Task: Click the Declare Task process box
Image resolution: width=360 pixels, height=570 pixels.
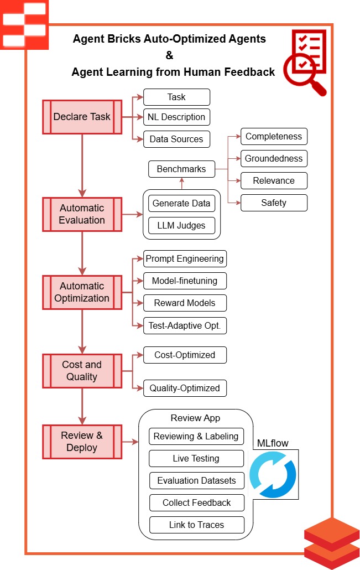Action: [x=82, y=117]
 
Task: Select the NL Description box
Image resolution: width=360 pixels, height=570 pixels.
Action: [x=176, y=117]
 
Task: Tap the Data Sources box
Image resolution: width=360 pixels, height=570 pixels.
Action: [x=176, y=139]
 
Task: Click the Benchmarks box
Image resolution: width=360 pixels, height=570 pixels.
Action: [x=181, y=169]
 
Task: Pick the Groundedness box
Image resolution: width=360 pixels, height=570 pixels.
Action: [x=274, y=158]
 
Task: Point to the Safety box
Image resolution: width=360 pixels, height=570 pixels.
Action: [x=274, y=203]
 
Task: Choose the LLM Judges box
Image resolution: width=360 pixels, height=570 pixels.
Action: [x=182, y=225]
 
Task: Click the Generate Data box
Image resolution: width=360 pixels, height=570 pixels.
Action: [x=182, y=203]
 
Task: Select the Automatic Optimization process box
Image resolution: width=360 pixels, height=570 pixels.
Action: [x=82, y=292]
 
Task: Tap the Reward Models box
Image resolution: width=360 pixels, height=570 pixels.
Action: [x=185, y=303]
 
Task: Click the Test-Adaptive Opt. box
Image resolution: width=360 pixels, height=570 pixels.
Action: [x=185, y=325]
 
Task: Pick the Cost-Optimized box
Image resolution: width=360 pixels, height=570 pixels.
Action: [x=185, y=355]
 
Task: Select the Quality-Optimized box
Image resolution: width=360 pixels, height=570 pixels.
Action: [x=185, y=388]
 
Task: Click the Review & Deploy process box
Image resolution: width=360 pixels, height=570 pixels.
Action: [x=82, y=442]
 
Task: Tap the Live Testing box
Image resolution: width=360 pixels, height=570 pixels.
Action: [x=196, y=458]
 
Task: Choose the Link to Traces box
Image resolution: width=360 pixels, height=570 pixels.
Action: [x=196, y=524]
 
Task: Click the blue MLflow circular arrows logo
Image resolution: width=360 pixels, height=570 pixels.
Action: [x=273, y=475]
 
